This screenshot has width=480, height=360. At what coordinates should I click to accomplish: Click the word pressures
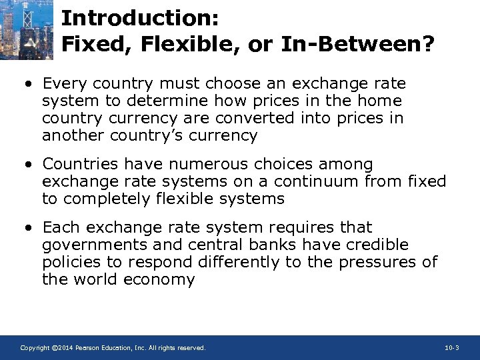(x=377, y=263)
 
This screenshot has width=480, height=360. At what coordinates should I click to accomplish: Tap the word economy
(x=159, y=280)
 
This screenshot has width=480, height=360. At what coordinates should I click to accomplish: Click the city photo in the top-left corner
(x=26, y=29)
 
